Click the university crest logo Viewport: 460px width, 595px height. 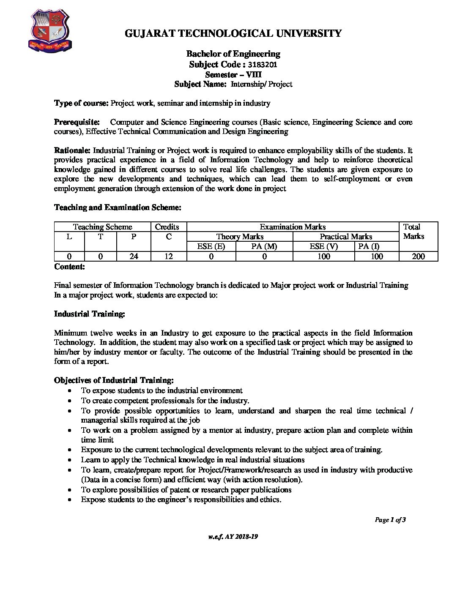click(49, 32)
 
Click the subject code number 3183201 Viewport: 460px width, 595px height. click(262, 65)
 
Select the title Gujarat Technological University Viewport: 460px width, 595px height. click(233, 34)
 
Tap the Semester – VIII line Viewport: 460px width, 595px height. click(233, 75)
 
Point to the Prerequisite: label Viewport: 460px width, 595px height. click(77, 122)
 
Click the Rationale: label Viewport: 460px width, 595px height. click(72, 150)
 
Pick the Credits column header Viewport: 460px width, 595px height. click(167, 227)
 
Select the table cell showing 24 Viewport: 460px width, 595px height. click(134, 256)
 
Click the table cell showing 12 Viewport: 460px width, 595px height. click(169, 256)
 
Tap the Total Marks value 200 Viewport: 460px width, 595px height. click(418, 256)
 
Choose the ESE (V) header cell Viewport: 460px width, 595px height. click(323, 246)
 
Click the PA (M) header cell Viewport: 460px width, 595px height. click(264, 246)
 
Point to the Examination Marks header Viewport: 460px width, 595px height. click(293, 227)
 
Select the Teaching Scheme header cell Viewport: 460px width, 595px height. click(102, 227)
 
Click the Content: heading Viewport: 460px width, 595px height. click(69, 267)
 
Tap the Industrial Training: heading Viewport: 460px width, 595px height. click(89, 314)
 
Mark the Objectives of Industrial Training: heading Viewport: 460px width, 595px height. click(114, 380)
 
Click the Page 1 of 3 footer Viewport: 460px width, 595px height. click(390, 520)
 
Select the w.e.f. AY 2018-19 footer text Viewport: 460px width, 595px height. click(233, 537)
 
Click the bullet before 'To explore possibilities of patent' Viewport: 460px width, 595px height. click(70, 490)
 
